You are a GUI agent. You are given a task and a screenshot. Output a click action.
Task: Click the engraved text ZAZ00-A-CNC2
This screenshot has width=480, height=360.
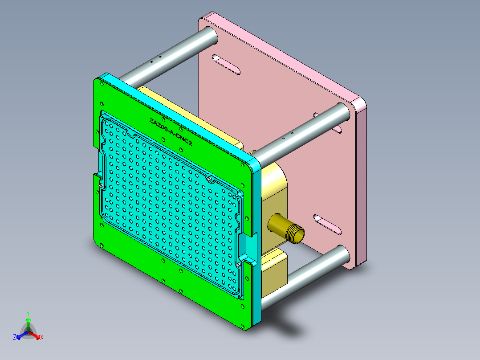pyautogui.click(x=171, y=132)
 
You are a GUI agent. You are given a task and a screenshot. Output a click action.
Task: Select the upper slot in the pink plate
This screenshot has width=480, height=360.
pyautogui.click(x=226, y=64)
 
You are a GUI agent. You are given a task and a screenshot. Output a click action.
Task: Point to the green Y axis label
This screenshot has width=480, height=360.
pyautogui.click(x=28, y=313)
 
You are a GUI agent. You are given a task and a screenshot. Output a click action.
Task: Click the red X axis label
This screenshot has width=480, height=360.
pyautogui.click(x=42, y=338)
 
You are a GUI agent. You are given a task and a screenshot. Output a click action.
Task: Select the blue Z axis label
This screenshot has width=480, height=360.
pyautogui.click(x=15, y=338)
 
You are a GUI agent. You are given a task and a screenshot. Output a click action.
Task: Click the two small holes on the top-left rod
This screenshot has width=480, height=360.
pyautogui.click(x=155, y=59)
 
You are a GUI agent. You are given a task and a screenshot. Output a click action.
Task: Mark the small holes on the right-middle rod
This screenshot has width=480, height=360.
pyautogui.click(x=287, y=135)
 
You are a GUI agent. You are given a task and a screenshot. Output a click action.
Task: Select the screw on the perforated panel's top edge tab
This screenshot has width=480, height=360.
pyautogui.click(x=209, y=179)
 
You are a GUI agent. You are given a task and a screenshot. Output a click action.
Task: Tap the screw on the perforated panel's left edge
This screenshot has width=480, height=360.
pyautogui.click(x=102, y=185)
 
